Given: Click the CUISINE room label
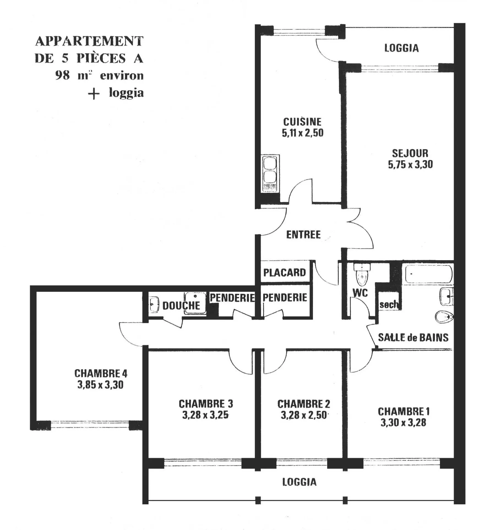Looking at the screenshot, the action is [x=302, y=122].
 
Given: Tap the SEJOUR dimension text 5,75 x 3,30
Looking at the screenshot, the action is [x=410, y=164].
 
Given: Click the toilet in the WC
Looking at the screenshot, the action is [x=362, y=274].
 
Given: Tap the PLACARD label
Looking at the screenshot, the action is [x=285, y=272].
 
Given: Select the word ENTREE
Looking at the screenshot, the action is [x=303, y=235].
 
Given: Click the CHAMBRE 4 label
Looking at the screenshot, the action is [x=101, y=374].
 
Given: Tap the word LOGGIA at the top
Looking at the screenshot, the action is [x=402, y=48].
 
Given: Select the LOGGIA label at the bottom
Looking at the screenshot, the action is [x=299, y=482].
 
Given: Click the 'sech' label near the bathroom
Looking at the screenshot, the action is [x=388, y=305].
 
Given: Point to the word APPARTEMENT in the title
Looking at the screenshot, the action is [x=89, y=41].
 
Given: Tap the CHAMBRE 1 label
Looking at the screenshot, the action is [x=404, y=412].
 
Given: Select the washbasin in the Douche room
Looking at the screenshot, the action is [x=154, y=305].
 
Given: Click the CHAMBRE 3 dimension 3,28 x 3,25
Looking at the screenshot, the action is [x=205, y=415].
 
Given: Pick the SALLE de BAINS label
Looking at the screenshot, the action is [x=413, y=337].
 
